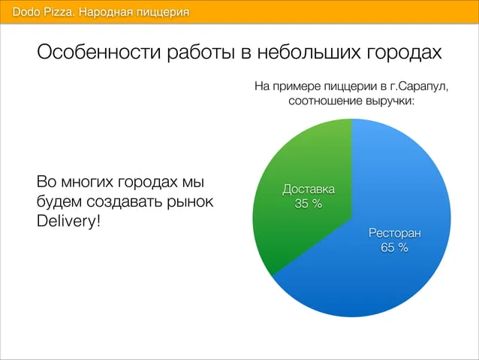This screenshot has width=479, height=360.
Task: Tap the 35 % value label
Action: pos(309,204)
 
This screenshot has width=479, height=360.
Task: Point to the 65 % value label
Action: pos(394,247)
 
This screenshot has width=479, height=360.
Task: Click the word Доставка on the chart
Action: pos(309,189)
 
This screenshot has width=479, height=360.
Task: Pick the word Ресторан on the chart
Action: pos(395,234)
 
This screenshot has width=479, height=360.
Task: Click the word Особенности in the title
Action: pos(99,52)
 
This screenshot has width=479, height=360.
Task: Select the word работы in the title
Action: pos(201,53)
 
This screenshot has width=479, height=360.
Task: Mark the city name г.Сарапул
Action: pos(419,86)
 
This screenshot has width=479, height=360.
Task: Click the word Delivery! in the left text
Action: pos(68,221)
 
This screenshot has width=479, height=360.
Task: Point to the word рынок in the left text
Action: pos(190,202)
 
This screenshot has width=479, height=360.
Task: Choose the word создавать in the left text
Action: pos(125,201)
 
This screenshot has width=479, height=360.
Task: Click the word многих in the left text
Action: pos(87,182)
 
